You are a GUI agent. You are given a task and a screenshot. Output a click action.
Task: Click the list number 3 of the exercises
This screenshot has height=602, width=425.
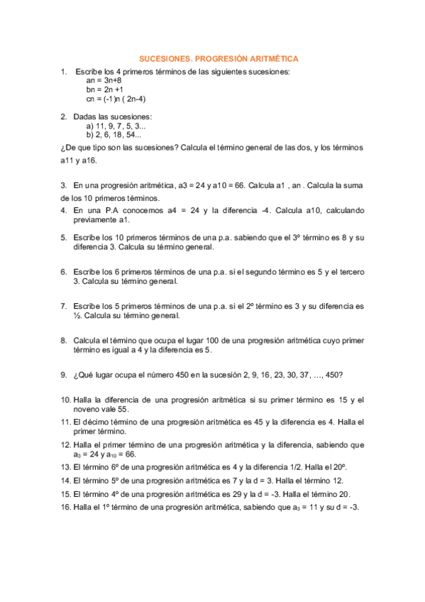[x=64, y=185]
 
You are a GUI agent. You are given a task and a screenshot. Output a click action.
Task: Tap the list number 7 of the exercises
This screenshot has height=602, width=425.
[x=64, y=306]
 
